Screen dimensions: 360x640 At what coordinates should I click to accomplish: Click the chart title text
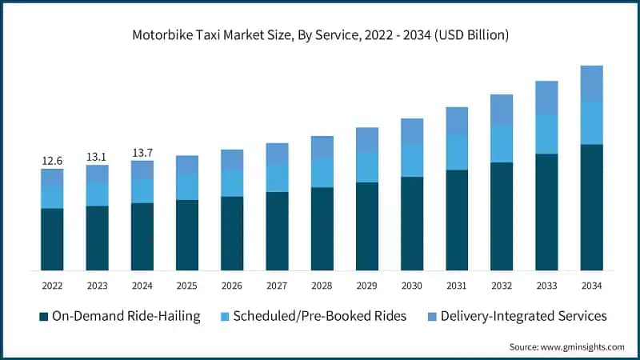(320, 36)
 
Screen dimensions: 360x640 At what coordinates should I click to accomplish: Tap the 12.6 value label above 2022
(52, 161)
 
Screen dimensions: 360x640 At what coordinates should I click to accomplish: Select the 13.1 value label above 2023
(97, 157)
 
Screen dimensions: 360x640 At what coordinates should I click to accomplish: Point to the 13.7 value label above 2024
(142, 152)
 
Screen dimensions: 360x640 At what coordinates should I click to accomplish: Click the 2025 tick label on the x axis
(186, 286)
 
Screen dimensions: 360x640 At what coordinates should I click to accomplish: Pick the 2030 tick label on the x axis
(411, 286)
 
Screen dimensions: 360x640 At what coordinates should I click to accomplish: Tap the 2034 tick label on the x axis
(591, 286)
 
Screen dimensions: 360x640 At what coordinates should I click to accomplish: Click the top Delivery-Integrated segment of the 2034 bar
(591, 83)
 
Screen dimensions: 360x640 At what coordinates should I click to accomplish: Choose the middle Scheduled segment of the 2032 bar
(501, 143)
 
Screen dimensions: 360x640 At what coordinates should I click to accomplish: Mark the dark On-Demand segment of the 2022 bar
(52, 238)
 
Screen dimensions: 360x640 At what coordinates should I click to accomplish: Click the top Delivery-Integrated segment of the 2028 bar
(322, 146)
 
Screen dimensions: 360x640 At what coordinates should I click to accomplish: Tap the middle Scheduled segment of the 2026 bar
(232, 182)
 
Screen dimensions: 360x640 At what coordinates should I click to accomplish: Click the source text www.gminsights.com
(566, 346)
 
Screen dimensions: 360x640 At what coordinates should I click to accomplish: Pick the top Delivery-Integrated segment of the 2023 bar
(97, 174)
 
